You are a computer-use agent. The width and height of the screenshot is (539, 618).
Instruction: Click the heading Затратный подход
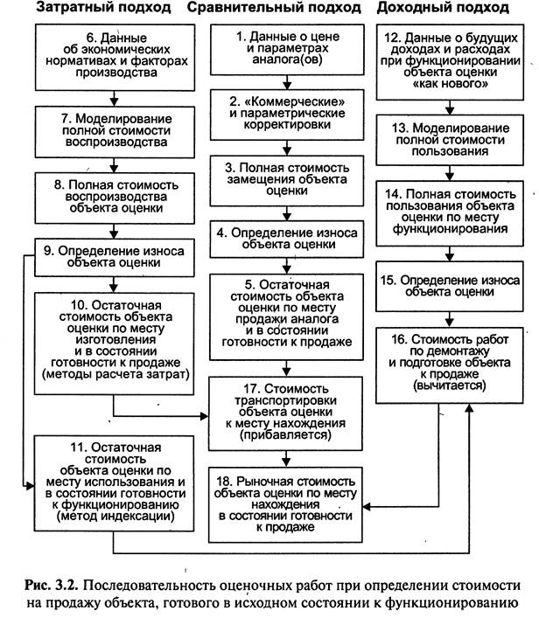(104, 8)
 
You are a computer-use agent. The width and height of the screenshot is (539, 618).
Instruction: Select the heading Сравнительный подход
(274, 8)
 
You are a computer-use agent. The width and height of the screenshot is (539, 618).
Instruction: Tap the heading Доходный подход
(443, 8)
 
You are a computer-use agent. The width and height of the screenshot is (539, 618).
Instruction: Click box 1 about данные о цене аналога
(287, 49)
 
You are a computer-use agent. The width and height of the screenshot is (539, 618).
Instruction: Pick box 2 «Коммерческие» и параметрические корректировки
(287, 115)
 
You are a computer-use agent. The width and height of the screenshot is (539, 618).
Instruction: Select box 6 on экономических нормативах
(115, 57)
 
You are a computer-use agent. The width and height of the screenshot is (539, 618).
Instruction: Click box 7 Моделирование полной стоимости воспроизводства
(115, 132)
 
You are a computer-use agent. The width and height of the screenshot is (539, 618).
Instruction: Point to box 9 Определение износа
(115, 257)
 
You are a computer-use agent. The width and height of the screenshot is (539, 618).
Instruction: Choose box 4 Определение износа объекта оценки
(286, 239)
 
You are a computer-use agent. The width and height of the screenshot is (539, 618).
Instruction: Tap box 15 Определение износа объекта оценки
(450, 286)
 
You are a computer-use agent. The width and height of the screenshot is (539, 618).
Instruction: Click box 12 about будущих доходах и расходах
(451, 62)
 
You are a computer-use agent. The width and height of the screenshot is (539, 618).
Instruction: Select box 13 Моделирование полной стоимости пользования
(450, 140)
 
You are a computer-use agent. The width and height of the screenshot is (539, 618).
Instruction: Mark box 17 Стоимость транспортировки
(285, 413)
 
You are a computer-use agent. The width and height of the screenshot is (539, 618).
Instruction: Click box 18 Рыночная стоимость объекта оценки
(285, 504)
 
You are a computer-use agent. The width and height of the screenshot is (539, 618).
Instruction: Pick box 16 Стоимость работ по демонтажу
(450, 365)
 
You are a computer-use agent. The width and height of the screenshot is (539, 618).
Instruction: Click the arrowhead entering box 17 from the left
(205, 416)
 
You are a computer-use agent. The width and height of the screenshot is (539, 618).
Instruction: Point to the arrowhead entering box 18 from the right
(367, 506)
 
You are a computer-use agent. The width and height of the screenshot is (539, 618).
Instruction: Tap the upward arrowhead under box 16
(469, 408)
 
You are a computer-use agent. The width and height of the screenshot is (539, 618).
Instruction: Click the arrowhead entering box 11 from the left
(31, 486)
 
